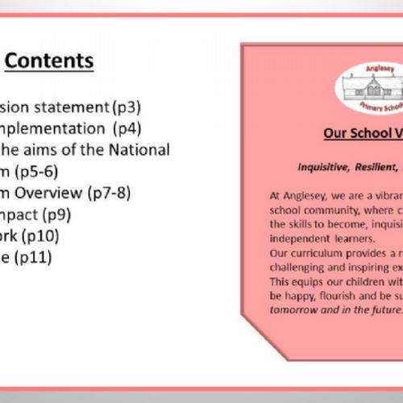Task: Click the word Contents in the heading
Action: click(x=55, y=61)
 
